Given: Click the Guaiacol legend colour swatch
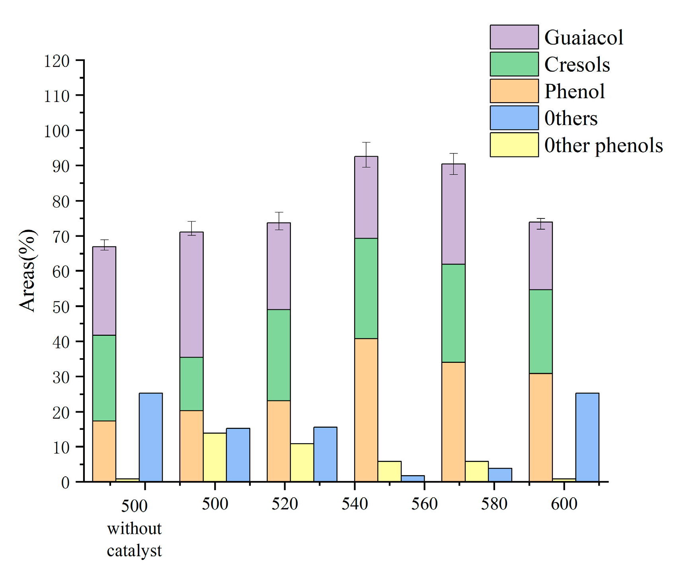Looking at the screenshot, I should coord(514,37).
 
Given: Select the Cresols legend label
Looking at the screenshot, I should coord(577,64).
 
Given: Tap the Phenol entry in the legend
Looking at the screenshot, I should coord(574,92).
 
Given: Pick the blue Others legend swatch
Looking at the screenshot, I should coord(514,118).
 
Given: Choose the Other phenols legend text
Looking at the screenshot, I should coord(603,145).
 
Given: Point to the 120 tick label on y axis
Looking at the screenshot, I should coord(57,61).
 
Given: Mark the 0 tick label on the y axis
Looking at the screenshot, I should coord(65,483).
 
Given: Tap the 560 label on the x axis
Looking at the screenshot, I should coord(424,504).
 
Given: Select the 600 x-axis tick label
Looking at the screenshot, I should coord(564,504).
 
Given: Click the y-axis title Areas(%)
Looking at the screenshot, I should coord(27,271).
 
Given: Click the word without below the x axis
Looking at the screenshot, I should coord(134,529).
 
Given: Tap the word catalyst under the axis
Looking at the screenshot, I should coord(134,551).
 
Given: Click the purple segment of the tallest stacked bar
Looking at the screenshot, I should coord(366,197).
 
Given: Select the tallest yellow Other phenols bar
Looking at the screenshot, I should coord(215,457).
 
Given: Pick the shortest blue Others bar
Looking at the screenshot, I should coord(412,479).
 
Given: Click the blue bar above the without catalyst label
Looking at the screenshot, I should coord(150,437).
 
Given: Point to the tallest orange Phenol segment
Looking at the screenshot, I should coord(366,410).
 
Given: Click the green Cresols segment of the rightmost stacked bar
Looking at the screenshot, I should coord(540,331).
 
